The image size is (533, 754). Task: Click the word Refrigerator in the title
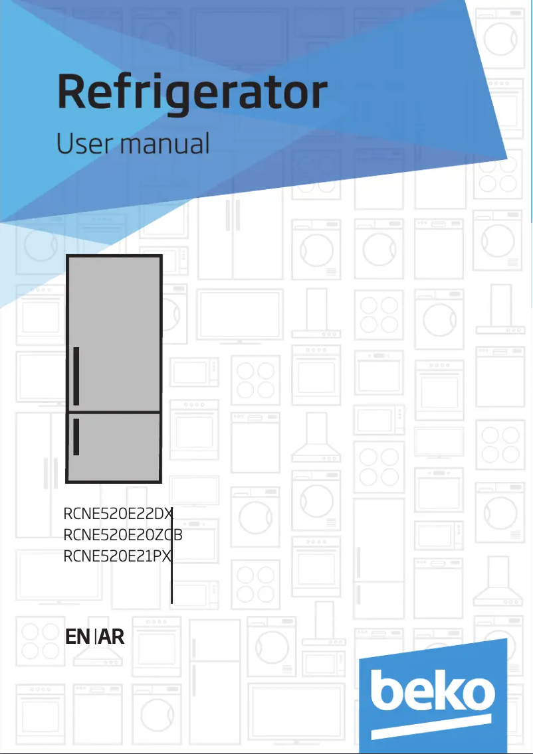click(192, 94)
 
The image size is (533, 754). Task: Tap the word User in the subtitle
click(80, 143)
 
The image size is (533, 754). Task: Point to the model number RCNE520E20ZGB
click(123, 534)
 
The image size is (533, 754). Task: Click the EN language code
click(78, 637)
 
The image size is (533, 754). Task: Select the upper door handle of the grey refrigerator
click(77, 376)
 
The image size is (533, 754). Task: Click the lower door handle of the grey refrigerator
click(77, 437)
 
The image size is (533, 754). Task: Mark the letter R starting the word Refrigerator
click(73, 94)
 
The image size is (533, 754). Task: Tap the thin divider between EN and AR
click(96, 638)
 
